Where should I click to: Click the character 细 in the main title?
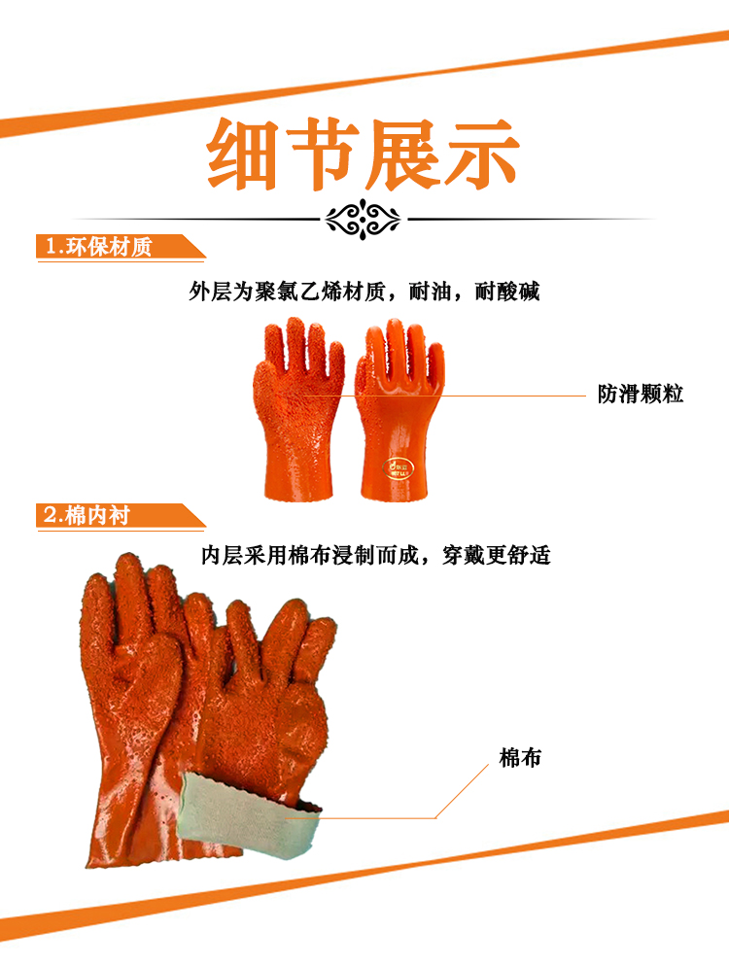tap(242, 154)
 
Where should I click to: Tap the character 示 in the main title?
tap(482, 154)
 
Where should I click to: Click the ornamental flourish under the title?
tap(364, 219)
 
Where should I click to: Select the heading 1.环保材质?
tap(98, 247)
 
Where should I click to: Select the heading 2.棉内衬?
tap(87, 515)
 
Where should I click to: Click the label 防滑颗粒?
tap(641, 394)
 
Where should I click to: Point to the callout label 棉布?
tap(520, 758)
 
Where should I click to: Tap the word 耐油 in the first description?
tap(431, 292)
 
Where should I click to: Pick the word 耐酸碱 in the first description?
tap(507, 292)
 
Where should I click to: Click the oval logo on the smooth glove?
tap(398, 468)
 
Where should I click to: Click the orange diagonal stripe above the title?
tap(364, 84)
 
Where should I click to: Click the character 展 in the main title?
tap(402, 154)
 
